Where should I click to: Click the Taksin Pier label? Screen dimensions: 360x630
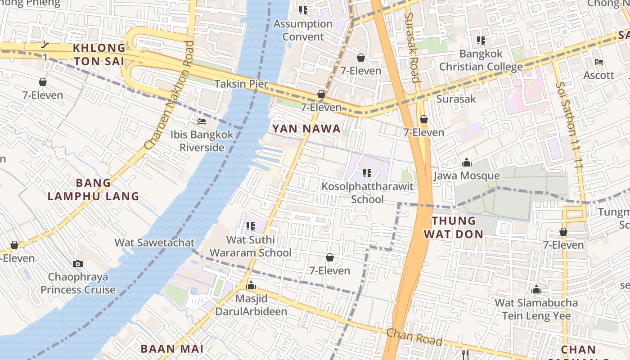241,84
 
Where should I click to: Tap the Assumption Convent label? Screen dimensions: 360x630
303,30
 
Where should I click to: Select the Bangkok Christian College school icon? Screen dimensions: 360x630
481,40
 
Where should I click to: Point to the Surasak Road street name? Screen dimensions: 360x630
412,47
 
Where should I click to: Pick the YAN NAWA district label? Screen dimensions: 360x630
306,129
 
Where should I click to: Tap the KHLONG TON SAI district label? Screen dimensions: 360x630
99,54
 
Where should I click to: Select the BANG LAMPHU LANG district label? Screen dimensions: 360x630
94,189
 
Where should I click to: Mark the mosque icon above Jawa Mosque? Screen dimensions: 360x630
467,162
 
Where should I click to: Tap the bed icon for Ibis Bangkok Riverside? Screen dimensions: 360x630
202,121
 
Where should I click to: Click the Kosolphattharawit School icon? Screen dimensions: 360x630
367,173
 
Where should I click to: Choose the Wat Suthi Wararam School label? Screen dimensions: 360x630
251,246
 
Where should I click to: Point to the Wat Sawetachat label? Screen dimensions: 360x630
154,243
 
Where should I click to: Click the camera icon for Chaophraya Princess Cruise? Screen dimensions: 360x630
78,264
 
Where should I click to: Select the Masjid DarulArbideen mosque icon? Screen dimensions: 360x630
251,286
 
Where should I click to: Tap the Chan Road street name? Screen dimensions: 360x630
414,337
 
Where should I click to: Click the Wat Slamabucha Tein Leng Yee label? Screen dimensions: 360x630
536,309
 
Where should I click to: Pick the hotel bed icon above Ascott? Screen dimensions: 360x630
598,62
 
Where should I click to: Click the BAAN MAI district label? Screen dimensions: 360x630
172,349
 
